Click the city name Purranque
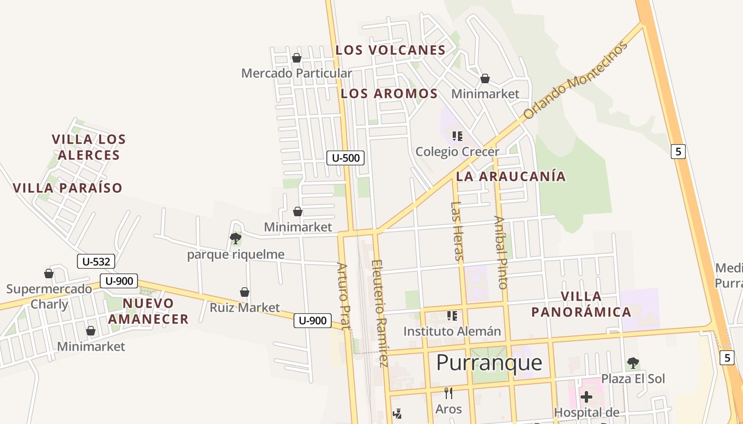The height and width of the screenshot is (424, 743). (x=489, y=363)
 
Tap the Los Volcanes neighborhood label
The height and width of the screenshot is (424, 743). (x=390, y=50)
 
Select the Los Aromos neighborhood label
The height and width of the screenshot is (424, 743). (x=389, y=94)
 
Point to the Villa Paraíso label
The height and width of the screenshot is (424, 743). (x=67, y=188)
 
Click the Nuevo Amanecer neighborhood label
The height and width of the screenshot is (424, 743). (x=148, y=311)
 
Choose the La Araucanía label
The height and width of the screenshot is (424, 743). (x=511, y=176)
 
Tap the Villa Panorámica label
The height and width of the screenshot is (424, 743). (x=581, y=304)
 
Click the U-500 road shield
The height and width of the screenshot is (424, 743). (x=345, y=157)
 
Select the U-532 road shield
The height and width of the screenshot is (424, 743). (x=96, y=261)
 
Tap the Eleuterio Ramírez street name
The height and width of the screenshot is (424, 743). (x=380, y=313)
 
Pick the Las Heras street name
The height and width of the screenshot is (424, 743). (x=457, y=231)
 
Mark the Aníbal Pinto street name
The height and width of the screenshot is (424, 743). (x=500, y=252)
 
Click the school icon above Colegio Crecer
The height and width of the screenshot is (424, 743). (x=457, y=136)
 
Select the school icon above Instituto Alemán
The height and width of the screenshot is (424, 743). (x=452, y=316)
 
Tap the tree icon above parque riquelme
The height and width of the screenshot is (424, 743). (x=236, y=238)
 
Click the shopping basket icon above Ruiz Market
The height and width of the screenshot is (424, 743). (x=245, y=292)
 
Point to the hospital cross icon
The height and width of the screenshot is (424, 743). (x=586, y=396)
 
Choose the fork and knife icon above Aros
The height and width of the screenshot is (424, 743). (x=448, y=393)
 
